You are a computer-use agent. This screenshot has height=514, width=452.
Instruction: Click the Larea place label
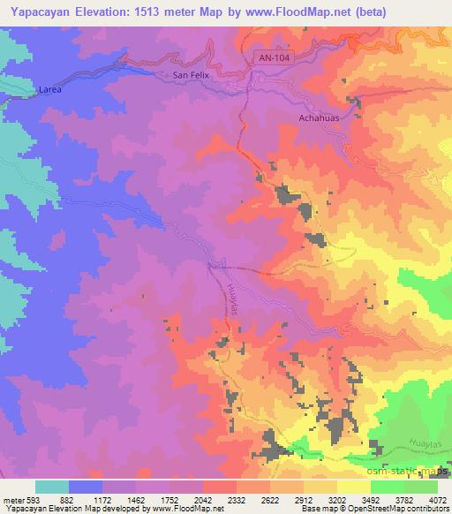(49, 89)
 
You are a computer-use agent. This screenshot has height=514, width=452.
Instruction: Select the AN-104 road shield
(275, 57)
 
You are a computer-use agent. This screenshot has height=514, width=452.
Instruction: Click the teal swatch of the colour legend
(53, 486)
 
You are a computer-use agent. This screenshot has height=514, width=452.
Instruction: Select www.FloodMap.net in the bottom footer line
(186, 509)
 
